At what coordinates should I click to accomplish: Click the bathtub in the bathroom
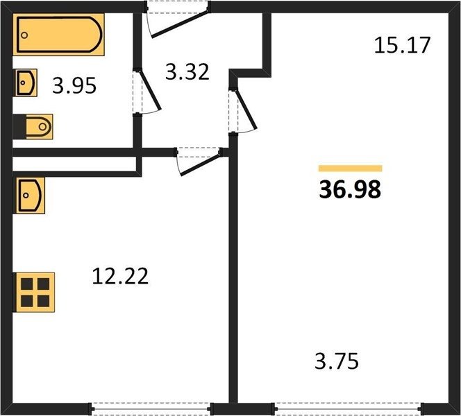coord(58,35)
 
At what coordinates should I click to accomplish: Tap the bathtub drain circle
coord(24,35)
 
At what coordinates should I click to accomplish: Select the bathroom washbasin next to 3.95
coord(26,83)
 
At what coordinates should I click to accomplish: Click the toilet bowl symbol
coord(39,127)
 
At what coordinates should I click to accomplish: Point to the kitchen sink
coord(31,196)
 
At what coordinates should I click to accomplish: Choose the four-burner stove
coord(35,293)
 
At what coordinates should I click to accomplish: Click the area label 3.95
coord(74,86)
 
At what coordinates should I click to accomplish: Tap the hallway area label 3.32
coord(187,72)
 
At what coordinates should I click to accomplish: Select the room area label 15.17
coord(402,45)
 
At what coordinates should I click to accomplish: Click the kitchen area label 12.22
coord(120,276)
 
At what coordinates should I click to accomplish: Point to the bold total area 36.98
coord(350,190)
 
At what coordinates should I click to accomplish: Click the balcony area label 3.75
coord(337,361)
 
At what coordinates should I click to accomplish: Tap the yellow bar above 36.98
coord(351,168)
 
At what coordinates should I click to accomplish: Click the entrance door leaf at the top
coord(180,24)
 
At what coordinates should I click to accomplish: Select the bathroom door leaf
coord(150,90)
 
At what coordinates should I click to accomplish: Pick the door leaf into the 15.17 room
coord(246,110)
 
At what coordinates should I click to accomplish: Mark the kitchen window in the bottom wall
coord(151,408)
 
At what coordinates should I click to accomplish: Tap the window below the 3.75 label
coord(348,408)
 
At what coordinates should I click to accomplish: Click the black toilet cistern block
coord(19,127)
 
